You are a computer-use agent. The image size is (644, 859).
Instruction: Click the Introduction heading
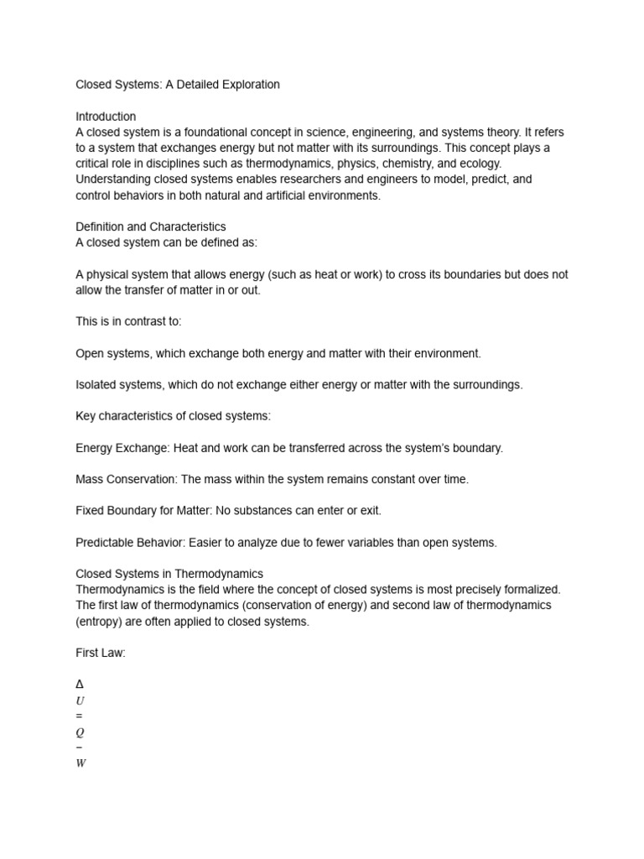click(x=106, y=117)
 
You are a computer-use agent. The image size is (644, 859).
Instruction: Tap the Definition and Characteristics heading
click(x=151, y=226)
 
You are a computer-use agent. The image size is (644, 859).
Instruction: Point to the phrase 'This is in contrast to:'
click(x=128, y=321)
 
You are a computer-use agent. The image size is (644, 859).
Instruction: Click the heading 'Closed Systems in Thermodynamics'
click(x=169, y=574)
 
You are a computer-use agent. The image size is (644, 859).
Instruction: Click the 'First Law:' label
click(x=101, y=653)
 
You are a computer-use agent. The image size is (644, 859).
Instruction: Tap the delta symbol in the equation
click(x=80, y=685)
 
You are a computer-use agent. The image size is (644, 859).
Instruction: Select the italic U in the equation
click(x=80, y=700)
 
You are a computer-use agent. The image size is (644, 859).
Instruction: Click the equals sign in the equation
click(x=80, y=716)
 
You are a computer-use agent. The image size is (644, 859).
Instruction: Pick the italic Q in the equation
click(x=80, y=732)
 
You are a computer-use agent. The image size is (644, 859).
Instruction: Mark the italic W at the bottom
click(x=80, y=763)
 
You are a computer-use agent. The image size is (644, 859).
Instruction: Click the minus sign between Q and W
click(x=80, y=747)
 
